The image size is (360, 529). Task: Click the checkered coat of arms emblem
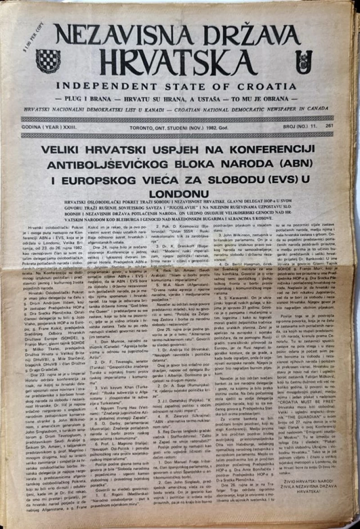pos(48,61)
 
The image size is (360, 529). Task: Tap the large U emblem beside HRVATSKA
pos(304,62)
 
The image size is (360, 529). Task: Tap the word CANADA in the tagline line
pos(315,108)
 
